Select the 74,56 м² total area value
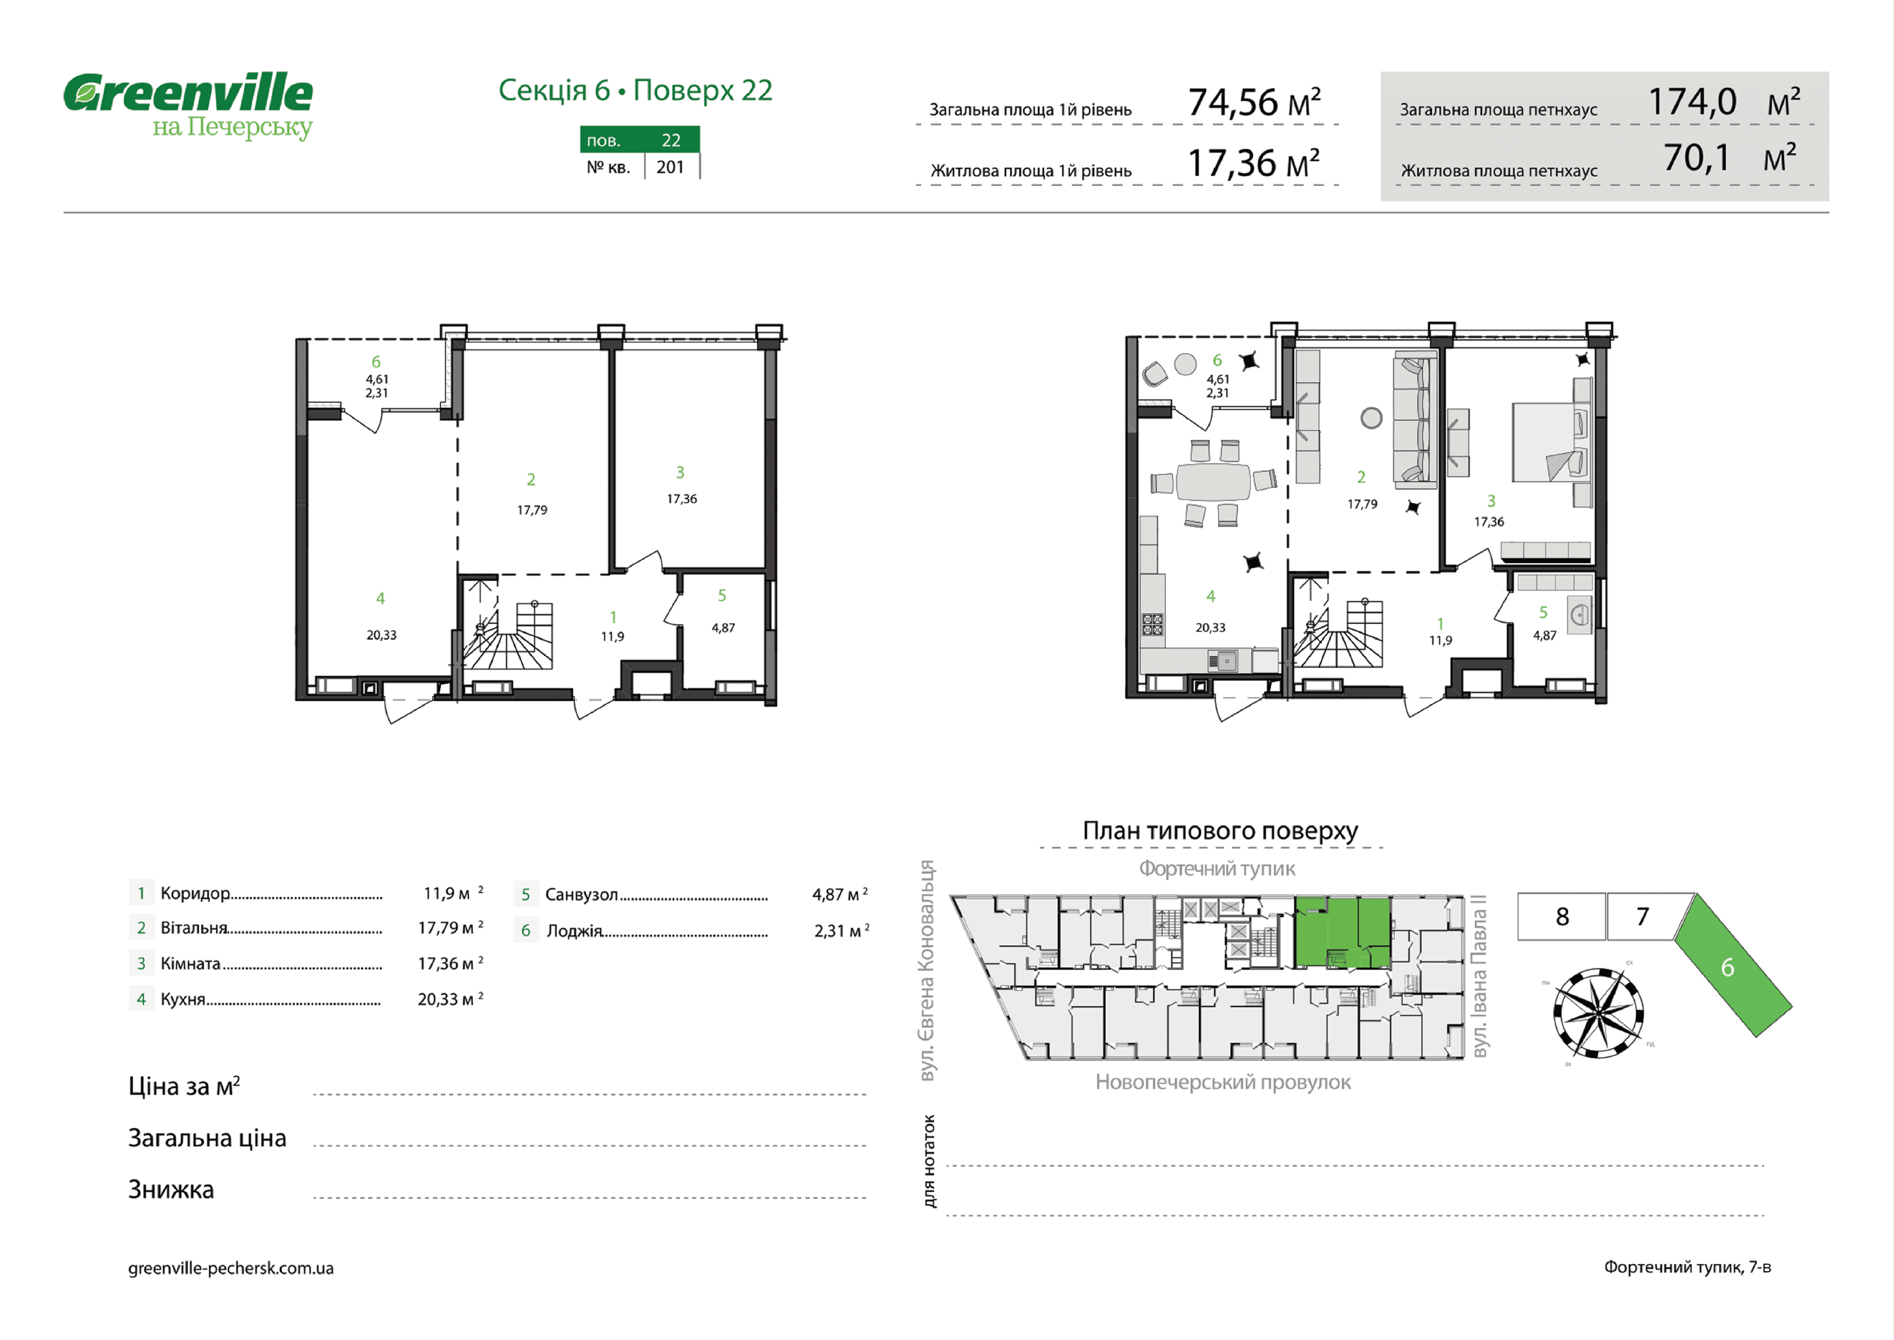[x=1254, y=102]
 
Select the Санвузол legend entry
[x=581, y=894]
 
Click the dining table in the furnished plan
[x=1213, y=482]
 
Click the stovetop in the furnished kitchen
[x=1153, y=625]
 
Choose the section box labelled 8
[x=1562, y=916]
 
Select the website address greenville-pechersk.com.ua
[x=231, y=1268]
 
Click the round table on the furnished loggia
[x=1185, y=364]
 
